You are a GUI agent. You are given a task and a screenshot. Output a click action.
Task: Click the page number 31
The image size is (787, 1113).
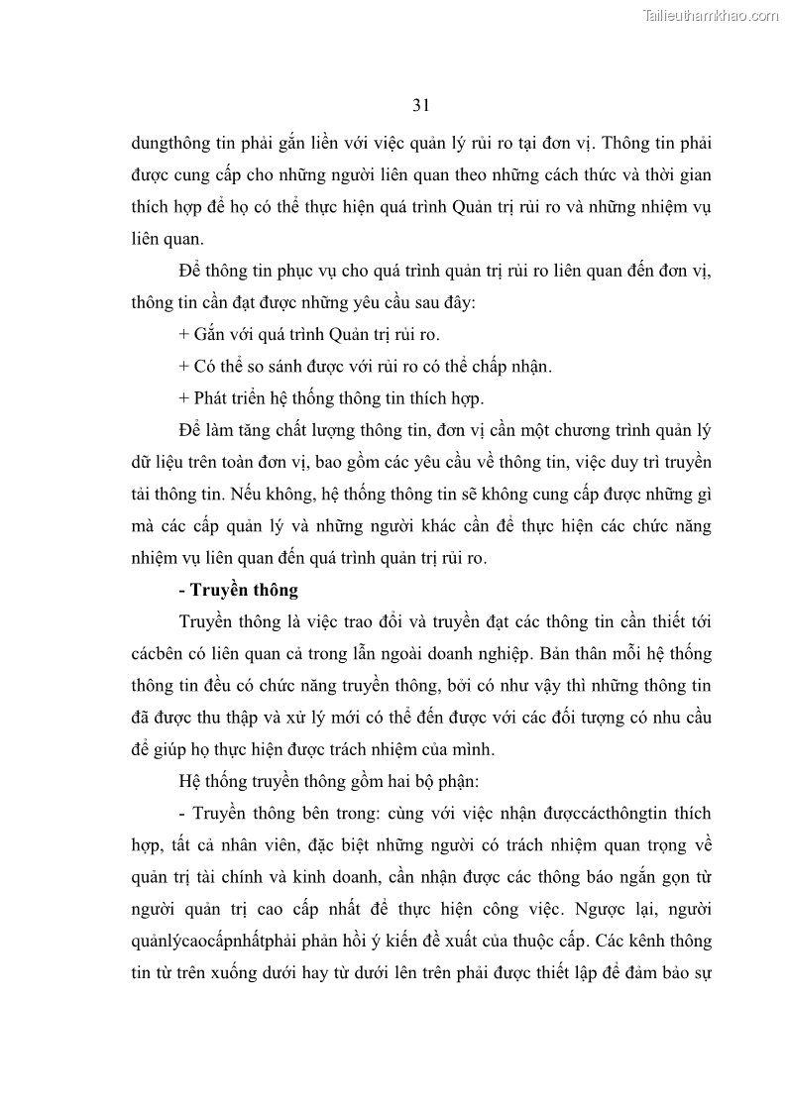click(420, 105)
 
